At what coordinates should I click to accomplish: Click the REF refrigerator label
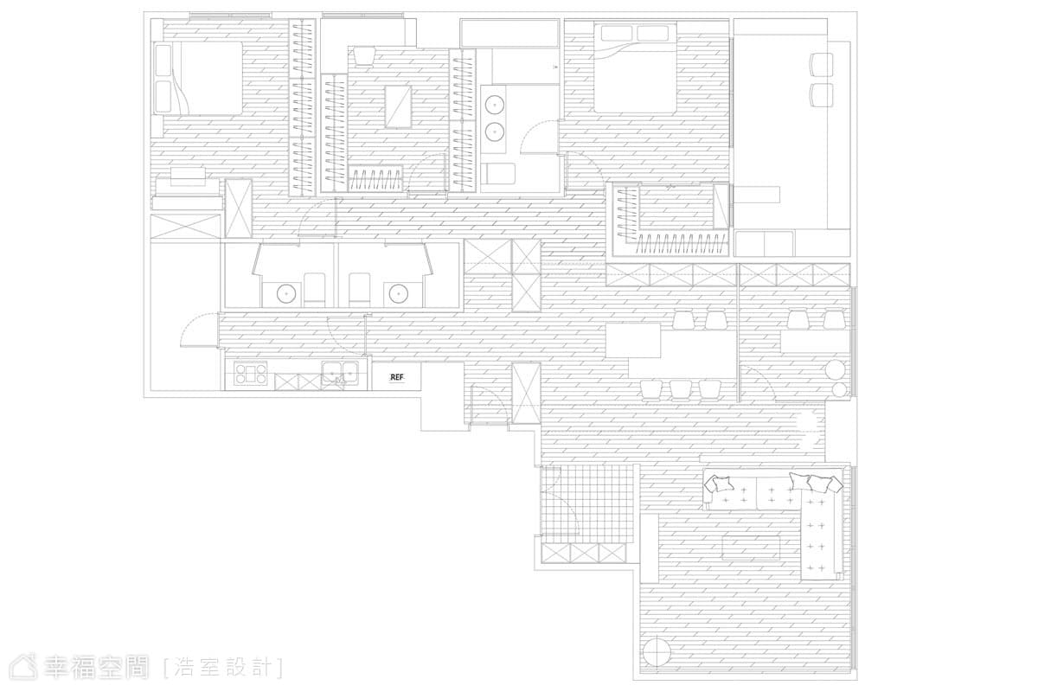397,377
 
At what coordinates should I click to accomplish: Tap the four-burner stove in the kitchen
251,374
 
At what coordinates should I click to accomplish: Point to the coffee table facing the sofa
751,548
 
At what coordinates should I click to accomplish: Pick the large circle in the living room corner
657,652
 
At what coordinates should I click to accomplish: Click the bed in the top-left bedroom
198,78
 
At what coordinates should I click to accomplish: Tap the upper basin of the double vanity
495,106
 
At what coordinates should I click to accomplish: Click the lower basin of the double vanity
495,131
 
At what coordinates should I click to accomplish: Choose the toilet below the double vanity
498,174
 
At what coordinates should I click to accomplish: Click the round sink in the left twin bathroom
285,293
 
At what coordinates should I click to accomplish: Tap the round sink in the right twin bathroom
398,293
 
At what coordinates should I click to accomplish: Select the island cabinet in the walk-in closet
399,106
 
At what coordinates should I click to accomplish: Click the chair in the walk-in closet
364,56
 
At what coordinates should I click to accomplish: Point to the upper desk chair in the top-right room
821,63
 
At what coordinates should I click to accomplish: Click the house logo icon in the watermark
24,667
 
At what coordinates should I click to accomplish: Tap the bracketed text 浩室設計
223,668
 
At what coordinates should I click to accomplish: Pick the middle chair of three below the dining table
680,390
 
